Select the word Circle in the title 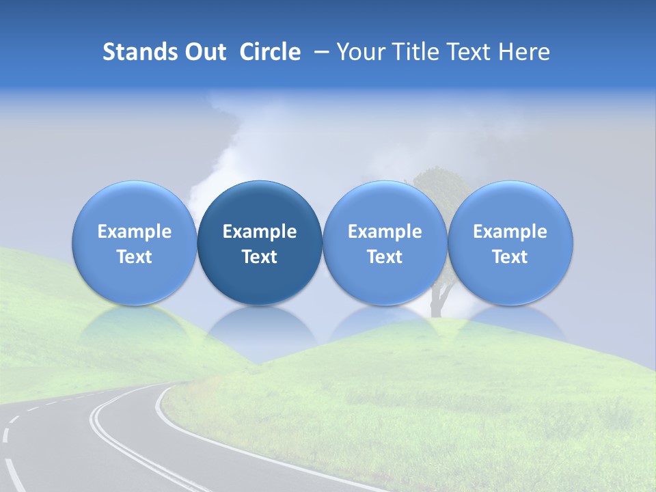(270, 52)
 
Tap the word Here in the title (524, 52)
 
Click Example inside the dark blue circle (260, 232)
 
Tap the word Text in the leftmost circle (135, 257)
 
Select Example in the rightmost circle (510, 232)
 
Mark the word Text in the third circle (385, 257)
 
